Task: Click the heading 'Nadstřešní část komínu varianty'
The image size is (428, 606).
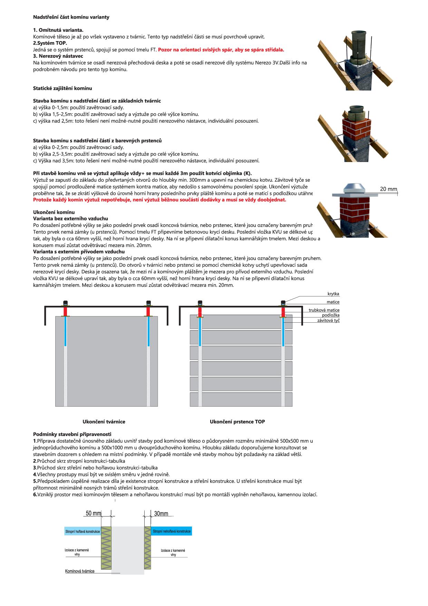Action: point(71,17)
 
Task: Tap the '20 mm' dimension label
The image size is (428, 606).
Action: point(388,189)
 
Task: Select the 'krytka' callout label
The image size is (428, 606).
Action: point(333,294)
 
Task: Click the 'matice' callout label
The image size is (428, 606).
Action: point(333,302)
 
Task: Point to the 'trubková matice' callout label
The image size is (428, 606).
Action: point(324,310)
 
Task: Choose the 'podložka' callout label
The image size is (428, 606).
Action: point(331,315)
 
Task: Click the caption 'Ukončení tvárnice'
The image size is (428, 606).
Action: point(104,422)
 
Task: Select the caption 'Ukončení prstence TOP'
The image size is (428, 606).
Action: point(237,422)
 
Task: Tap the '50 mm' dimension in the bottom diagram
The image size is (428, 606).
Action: point(93,513)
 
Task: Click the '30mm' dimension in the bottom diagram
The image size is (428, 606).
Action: point(161,513)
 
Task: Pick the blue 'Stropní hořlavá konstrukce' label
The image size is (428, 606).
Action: point(82,531)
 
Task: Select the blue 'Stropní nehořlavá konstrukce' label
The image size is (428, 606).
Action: point(172,531)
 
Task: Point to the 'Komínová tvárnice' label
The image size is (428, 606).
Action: point(80,571)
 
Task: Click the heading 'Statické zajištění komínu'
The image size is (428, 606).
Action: point(62,88)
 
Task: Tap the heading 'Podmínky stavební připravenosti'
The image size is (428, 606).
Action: point(72,434)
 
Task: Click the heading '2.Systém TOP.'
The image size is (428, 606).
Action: point(50,43)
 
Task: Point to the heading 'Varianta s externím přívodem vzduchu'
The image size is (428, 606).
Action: point(79,252)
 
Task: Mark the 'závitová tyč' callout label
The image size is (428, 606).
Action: point(328,321)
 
